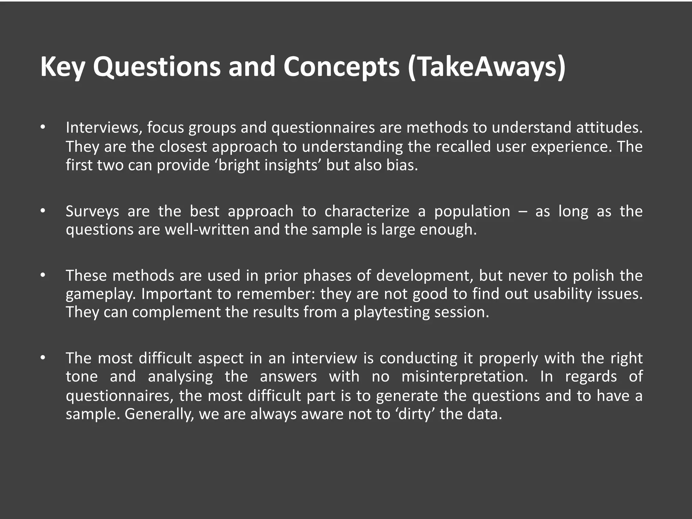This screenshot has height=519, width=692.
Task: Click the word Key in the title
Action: coord(63,67)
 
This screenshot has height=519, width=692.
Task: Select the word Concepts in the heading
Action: coord(342,67)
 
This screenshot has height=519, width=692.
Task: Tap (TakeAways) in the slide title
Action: coord(487,67)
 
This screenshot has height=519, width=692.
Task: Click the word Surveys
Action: coord(92,212)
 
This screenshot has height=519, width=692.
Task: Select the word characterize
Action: coord(367,212)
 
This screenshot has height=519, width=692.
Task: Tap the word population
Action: coord(472,212)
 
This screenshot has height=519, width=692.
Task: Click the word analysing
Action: coord(180,376)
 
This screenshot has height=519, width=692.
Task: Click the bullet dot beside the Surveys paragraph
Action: coord(42,211)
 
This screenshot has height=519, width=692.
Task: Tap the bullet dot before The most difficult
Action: coord(42,357)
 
